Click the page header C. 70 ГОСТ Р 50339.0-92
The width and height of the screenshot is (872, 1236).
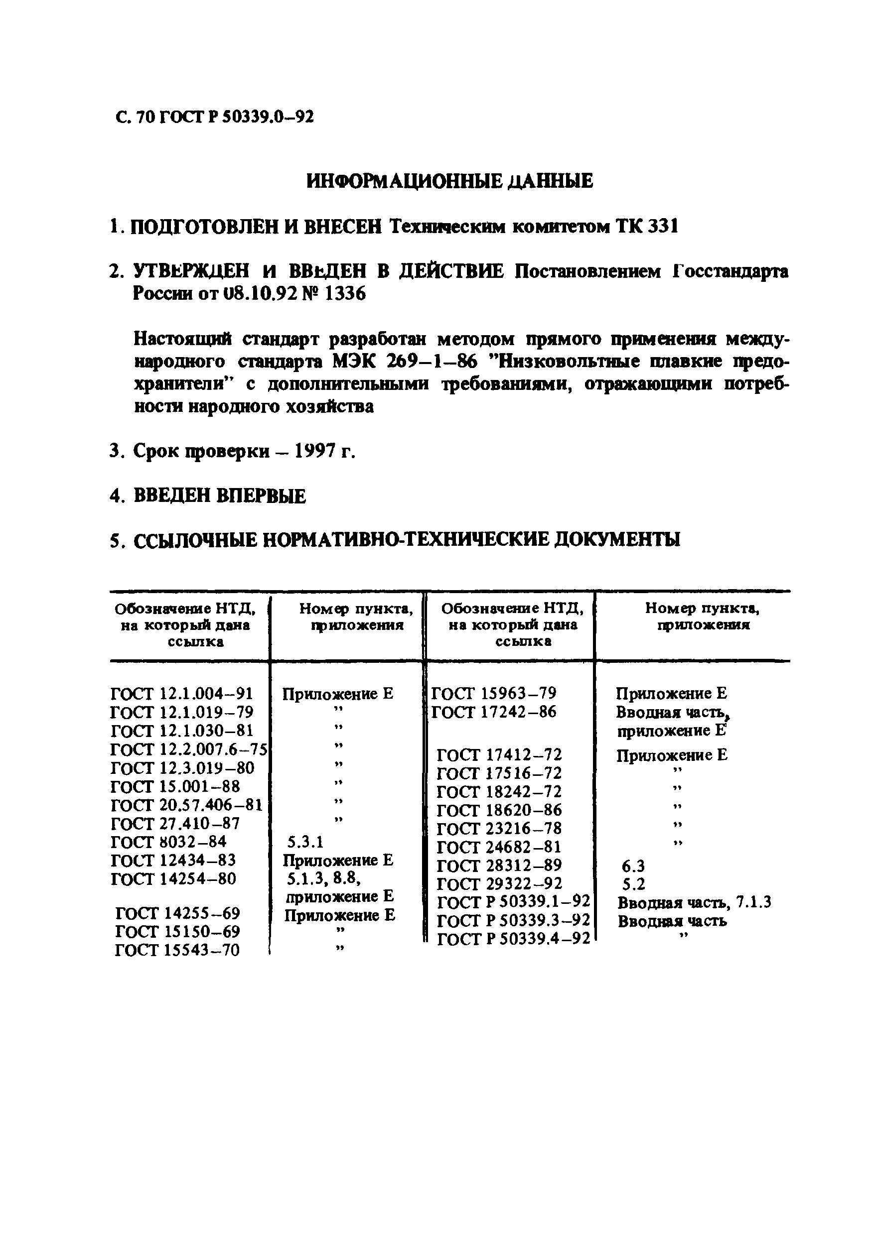(214, 117)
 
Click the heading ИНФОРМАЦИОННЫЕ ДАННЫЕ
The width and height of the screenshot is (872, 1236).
(450, 181)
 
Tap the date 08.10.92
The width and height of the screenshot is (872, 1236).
(261, 294)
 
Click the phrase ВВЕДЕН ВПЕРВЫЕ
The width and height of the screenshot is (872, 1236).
(219, 495)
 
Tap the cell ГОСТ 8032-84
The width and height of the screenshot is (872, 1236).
(168, 842)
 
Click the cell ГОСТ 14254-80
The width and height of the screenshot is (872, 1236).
(173, 879)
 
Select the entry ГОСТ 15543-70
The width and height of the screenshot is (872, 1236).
(177, 950)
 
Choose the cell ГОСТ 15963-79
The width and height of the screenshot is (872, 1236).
(493, 693)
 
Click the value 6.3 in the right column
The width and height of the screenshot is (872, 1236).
(633, 866)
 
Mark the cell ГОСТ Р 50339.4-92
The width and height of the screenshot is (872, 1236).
(513, 939)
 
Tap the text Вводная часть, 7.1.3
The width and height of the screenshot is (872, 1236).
(694, 902)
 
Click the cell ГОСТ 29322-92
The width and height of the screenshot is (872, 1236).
(499, 884)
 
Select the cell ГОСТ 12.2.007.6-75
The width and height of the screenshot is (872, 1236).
(188, 749)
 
